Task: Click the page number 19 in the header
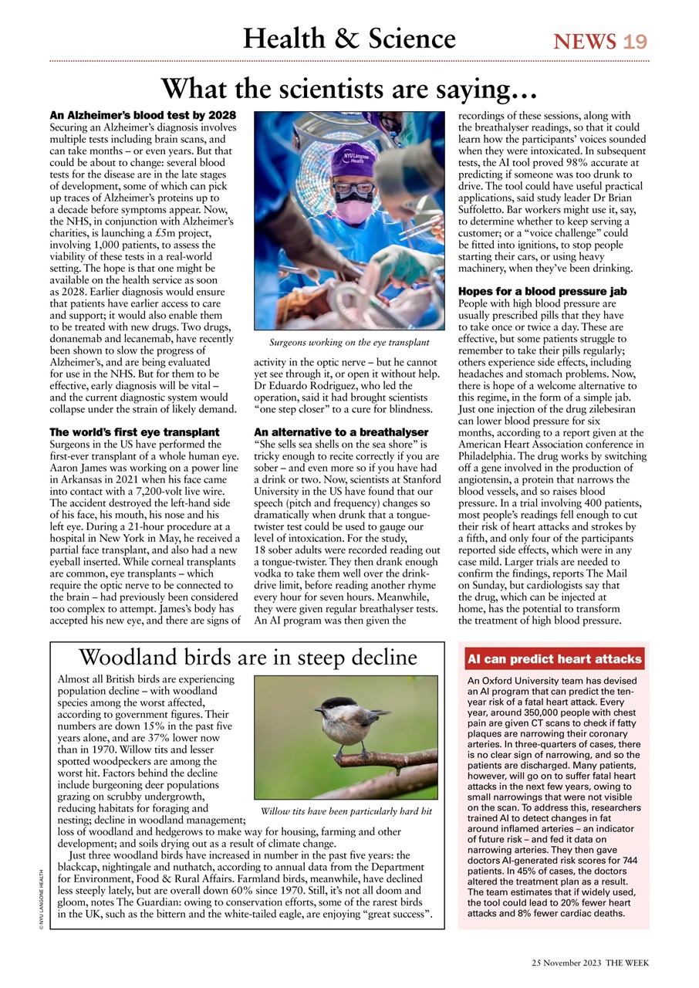click(635, 41)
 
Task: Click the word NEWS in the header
click(584, 41)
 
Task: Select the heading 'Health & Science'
click(349, 38)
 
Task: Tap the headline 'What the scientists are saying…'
click(349, 89)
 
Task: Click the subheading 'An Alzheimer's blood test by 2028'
click(142, 115)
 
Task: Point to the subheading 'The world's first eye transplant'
click(134, 431)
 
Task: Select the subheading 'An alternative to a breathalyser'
click(340, 431)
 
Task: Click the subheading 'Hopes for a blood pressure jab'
click(542, 292)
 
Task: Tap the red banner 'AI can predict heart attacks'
click(553, 659)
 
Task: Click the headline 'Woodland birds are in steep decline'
click(247, 657)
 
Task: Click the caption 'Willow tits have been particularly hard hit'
click(346, 811)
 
